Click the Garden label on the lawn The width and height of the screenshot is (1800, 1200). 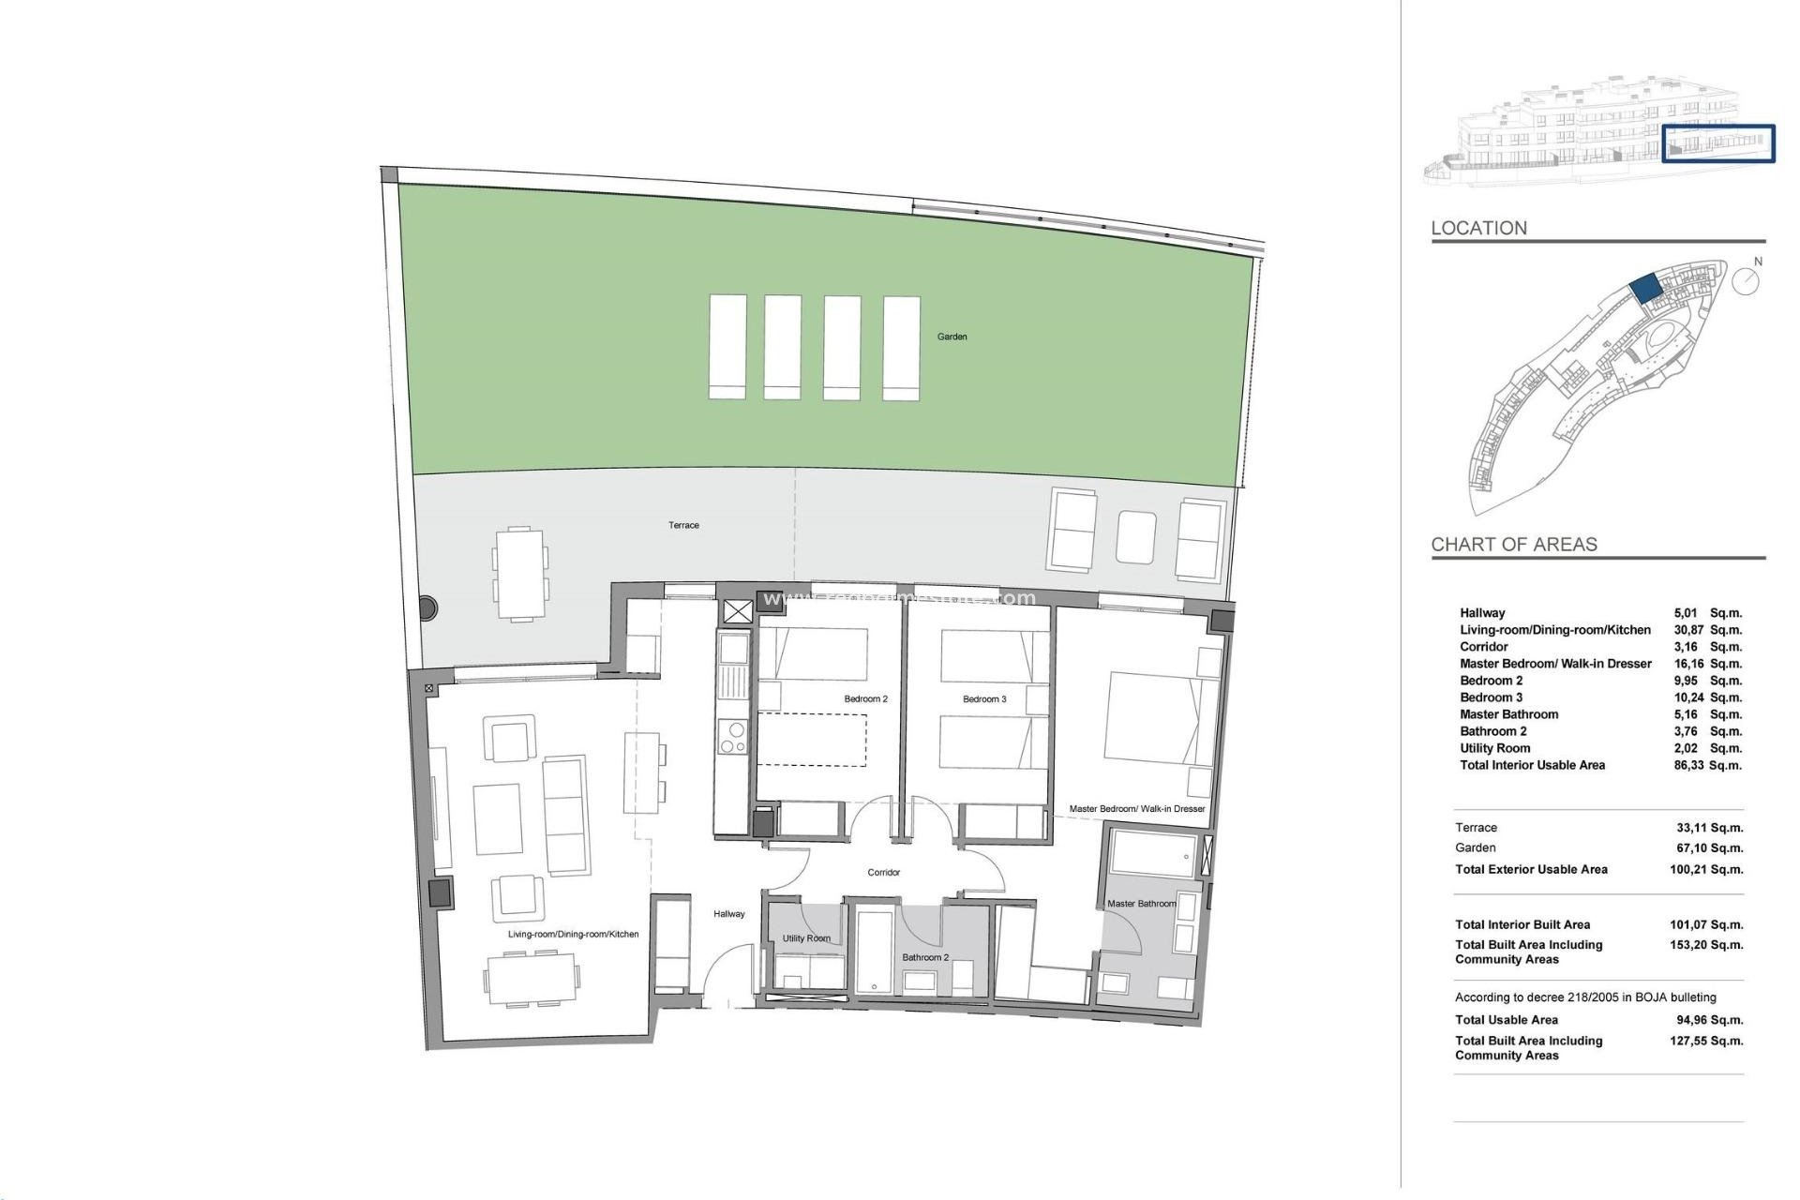pyautogui.click(x=952, y=337)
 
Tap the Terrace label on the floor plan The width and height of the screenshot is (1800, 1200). pyautogui.click(x=683, y=525)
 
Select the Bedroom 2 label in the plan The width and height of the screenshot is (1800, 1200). pyautogui.click(x=865, y=698)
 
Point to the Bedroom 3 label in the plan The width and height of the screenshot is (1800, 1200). pyautogui.click(x=984, y=698)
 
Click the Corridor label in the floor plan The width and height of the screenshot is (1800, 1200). pyautogui.click(x=883, y=872)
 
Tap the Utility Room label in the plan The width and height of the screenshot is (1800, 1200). pyautogui.click(x=806, y=938)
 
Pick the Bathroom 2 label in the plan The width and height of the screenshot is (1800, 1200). pyautogui.click(x=925, y=957)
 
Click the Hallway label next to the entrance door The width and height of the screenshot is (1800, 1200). pyautogui.click(x=728, y=914)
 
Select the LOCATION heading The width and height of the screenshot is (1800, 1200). pyautogui.click(x=1478, y=228)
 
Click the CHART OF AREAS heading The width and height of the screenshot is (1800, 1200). pyautogui.click(x=1513, y=545)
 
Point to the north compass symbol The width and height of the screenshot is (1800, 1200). pyautogui.click(x=1745, y=280)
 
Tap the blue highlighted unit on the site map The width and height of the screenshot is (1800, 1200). pyautogui.click(x=1644, y=288)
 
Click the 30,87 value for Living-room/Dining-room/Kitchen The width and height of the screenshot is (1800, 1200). pyautogui.click(x=1688, y=630)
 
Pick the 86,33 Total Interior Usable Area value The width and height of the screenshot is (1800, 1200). pyautogui.click(x=1688, y=765)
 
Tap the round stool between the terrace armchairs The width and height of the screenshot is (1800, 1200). pyautogui.click(x=1136, y=537)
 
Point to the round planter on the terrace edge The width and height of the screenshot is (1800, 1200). pyautogui.click(x=427, y=607)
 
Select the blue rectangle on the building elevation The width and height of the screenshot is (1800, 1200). pyautogui.click(x=1718, y=143)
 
